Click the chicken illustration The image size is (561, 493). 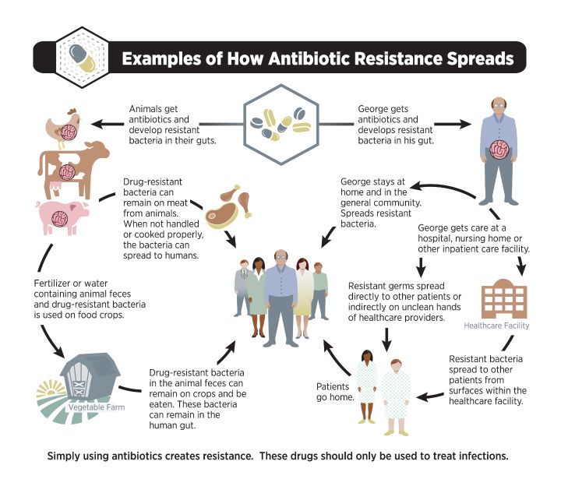[x=63, y=128]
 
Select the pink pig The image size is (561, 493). [x=62, y=217]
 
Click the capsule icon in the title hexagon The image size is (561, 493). [x=83, y=57]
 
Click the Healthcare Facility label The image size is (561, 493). [x=496, y=326]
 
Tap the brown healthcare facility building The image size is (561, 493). [x=504, y=298]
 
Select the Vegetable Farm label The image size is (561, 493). [x=97, y=407]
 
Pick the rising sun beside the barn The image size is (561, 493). [x=51, y=389]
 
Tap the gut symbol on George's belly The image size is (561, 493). [x=499, y=150]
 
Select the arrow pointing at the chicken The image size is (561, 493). [x=108, y=124]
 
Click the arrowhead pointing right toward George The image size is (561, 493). [x=464, y=124]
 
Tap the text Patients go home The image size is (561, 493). [x=335, y=392]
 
